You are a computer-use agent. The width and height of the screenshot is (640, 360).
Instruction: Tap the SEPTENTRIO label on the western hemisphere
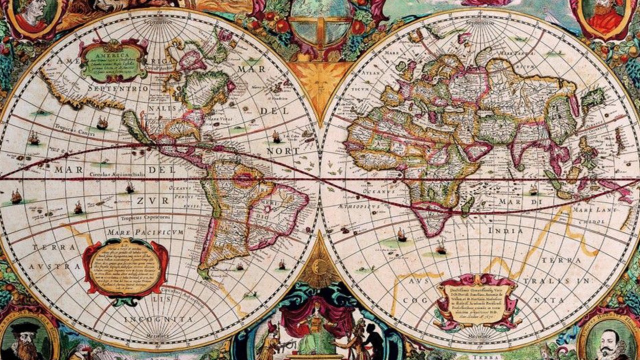pyautogui.click(x=117, y=88)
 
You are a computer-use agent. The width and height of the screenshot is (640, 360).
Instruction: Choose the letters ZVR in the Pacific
pyautogui.click(x=147, y=201)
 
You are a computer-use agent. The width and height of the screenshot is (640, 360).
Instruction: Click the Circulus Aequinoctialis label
pyautogui.click(x=117, y=174)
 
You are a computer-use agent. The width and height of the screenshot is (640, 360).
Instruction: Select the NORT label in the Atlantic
pyautogui.click(x=282, y=150)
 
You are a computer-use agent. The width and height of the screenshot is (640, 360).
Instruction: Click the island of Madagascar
pyautogui.click(x=467, y=206)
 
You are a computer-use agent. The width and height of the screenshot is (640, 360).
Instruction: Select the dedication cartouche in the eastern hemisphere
pyautogui.click(x=477, y=299)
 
